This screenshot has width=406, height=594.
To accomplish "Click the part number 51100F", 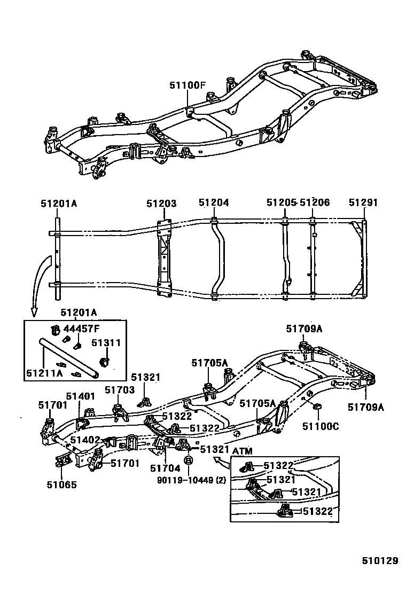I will click(188, 85).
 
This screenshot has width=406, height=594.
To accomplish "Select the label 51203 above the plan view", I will click(161, 203).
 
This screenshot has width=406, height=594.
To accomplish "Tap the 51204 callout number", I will click(214, 203).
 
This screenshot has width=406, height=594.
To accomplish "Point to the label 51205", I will click(281, 203).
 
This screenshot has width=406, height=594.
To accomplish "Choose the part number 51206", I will click(315, 203).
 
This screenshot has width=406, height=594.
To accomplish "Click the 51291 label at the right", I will click(363, 203).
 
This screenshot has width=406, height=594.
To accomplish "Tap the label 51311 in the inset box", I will click(106, 343).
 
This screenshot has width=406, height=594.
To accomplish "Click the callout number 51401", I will click(80, 396).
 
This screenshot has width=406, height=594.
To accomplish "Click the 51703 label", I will click(119, 390).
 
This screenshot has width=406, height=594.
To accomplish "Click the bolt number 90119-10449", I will click(185, 480).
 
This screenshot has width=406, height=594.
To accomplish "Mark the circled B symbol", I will click(188, 460).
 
